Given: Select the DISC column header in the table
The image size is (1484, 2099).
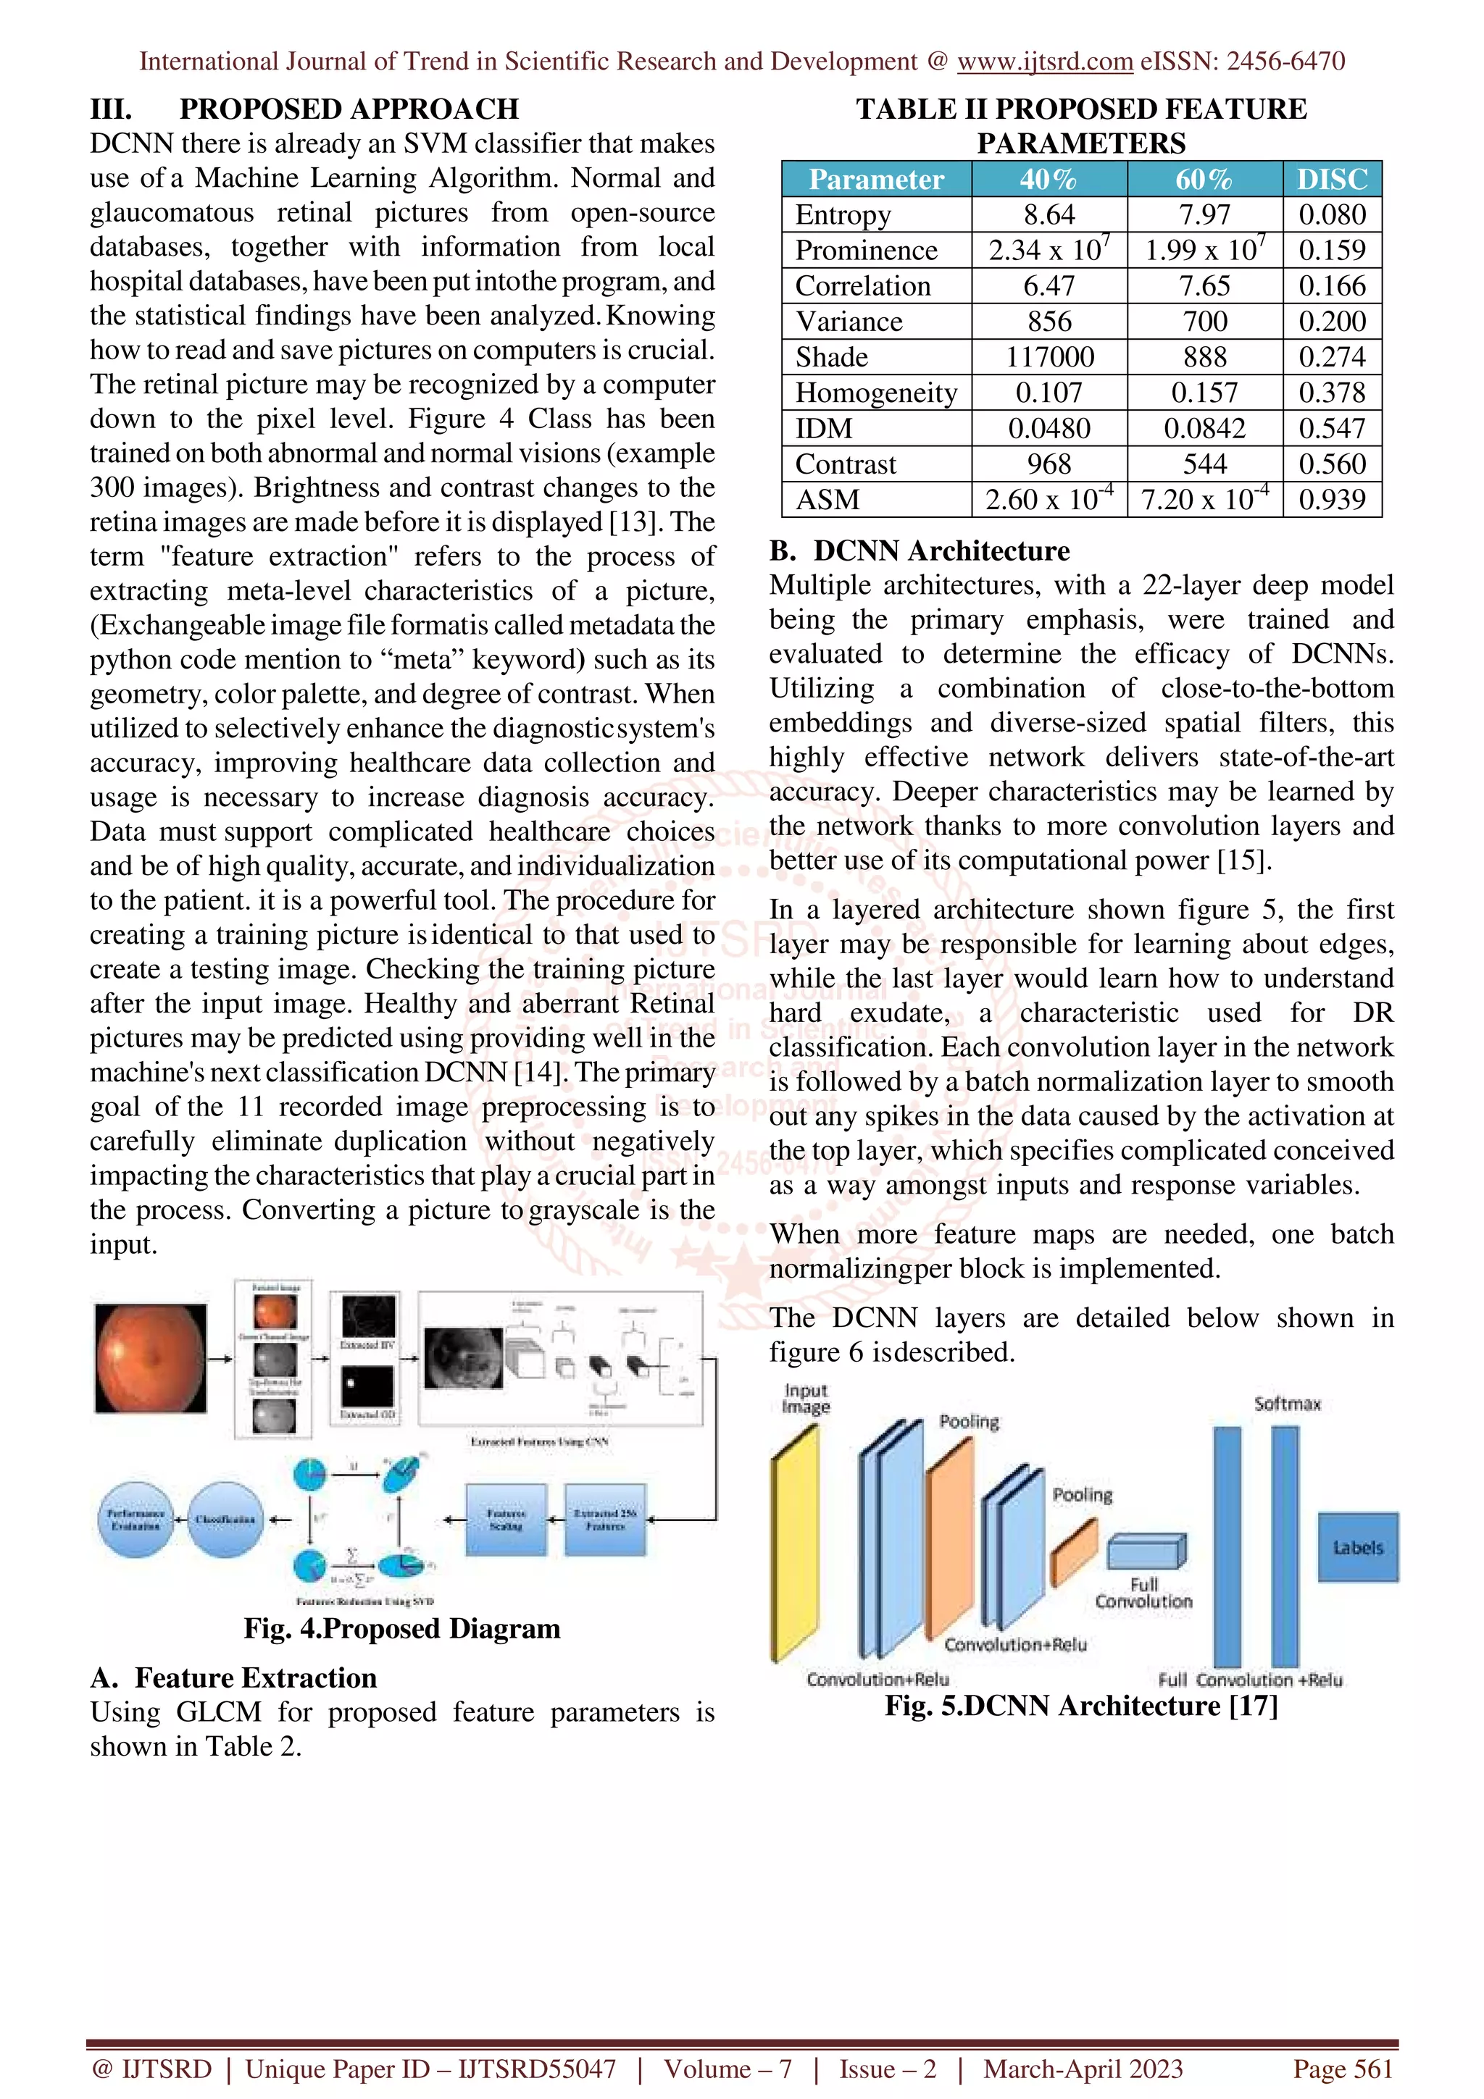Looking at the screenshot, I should pos(1331,179).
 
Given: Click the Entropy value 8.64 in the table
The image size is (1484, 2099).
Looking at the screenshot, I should pos(1049,215).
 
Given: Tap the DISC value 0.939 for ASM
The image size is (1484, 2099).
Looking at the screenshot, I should pos(1331,500).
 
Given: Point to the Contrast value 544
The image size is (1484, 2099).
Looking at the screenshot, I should pos(1204,464).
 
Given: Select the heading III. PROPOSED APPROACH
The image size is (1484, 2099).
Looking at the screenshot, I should pos(304,109).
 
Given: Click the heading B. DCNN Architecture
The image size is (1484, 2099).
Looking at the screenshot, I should pos(919,551).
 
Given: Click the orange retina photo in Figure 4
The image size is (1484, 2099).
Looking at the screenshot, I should pos(151,1359).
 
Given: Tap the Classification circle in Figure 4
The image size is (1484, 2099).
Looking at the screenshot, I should pos(225,1520).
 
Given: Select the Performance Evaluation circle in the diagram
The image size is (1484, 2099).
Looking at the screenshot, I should pos(136,1520).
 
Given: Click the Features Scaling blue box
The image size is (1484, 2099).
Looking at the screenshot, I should pos(506,1520).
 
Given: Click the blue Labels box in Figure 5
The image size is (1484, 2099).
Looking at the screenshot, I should pos(1357,1547).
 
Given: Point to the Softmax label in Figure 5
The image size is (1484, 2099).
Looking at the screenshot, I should pos(1286,1403).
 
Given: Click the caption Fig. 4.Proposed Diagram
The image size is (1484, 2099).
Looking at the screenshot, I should pos(401,1628).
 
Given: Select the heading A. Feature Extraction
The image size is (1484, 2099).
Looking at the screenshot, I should pos(233,1677).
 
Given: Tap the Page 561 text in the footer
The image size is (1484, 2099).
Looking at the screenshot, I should pos(1341,2069).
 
